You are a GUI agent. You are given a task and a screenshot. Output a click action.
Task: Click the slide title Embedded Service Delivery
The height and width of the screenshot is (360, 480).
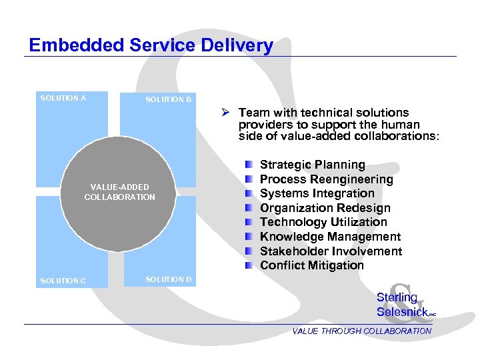click(x=151, y=45)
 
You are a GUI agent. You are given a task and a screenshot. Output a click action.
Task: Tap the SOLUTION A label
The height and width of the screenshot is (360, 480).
click(x=63, y=99)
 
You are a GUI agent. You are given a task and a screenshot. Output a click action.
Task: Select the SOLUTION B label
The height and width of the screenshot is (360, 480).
click(x=169, y=100)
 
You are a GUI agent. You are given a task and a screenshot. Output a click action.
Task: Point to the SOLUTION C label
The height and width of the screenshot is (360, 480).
click(x=63, y=281)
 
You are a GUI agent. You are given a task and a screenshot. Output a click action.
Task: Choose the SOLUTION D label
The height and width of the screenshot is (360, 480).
click(x=169, y=279)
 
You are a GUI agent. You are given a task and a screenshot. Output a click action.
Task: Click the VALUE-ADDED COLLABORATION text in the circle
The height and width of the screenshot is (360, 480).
click(x=119, y=192)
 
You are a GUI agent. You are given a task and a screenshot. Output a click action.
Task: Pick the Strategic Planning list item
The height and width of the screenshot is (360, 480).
click(x=312, y=165)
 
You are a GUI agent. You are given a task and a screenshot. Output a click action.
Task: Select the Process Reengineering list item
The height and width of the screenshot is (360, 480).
click(x=326, y=179)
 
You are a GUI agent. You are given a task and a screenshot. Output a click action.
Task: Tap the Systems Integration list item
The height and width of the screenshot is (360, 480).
click(x=317, y=193)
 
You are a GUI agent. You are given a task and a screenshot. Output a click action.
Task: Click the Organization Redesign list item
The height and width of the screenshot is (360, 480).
click(x=325, y=208)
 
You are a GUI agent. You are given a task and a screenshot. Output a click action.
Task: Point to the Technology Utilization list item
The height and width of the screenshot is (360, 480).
click(x=323, y=222)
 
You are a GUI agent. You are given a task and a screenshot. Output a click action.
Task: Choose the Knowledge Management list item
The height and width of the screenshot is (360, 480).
click(x=330, y=237)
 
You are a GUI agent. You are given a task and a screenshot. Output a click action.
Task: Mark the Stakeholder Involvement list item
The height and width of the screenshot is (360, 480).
click(x=331, y=251)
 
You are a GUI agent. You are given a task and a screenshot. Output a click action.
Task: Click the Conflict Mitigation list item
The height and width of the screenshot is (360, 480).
click(x=312, y=265)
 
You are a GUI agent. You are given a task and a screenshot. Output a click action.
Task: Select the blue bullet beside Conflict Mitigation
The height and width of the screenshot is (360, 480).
click(x=248, y=265)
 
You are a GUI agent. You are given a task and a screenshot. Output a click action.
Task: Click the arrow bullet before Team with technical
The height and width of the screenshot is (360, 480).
click(x=227, y=113)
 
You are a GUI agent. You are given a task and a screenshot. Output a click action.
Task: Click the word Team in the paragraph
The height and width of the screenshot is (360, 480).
click(x=253, y=113)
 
